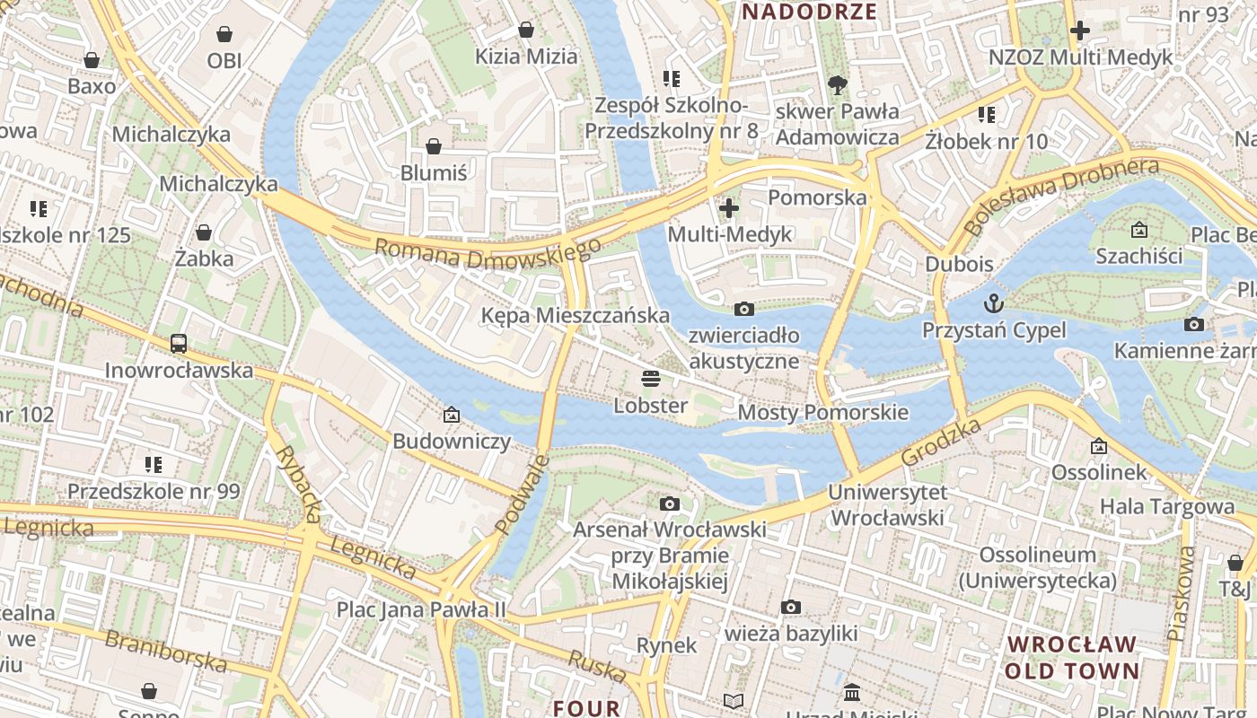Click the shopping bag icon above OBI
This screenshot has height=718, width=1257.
[x=224, y=34]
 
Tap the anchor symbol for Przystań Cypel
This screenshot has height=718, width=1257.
[x=994, y=302]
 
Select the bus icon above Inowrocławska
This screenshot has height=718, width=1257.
[x=179, y=343]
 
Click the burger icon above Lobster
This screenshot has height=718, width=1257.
[x=651, y=378]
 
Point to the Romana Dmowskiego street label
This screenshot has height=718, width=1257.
[x=488, y=253]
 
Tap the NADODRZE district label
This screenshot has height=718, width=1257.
[x=809, y=12]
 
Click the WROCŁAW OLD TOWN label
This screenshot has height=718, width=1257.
[x=1071, y=657]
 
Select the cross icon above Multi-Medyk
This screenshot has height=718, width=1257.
[x=729, y=208]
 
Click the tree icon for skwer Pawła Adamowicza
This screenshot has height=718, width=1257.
[x=837, y=85]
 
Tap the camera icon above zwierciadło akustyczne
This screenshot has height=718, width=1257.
[x=743, y=309]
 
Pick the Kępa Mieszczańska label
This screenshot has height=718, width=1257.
[x=575, y=315]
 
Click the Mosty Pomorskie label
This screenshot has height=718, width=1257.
[x=822, y=412]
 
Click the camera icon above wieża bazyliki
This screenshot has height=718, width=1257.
[x=790, y=607]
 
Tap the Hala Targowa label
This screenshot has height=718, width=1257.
[x=1167, y=506]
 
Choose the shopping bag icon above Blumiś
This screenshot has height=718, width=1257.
[x=434, y=145]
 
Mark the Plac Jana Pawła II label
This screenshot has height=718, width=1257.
[x=421, y=609]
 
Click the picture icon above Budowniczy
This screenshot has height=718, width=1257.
[x=452, y=415]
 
